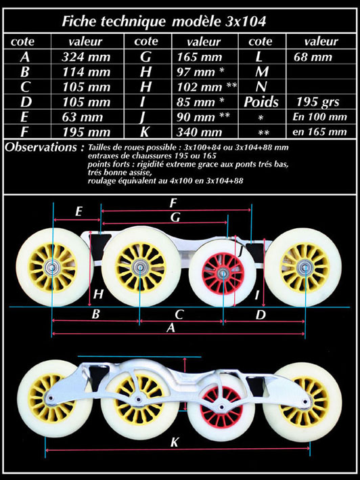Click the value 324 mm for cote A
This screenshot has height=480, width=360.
(x=86, y=57)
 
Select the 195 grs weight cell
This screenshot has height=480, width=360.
(x=318, y=102)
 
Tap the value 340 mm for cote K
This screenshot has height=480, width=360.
(x=199, y=132)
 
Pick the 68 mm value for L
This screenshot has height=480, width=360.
(x=313, y=57)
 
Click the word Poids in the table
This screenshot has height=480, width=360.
(x=261, y=102)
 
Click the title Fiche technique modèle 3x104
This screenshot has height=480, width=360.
(x=164, y=22)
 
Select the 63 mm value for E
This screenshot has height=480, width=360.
(x=83, y=117)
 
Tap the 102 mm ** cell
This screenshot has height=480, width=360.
(x=207, y=87)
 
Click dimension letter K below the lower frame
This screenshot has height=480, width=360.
(x=175, y=442)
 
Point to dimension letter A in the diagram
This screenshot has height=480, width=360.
(x=171, y=328)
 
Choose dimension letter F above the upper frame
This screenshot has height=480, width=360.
(x=173, y=202)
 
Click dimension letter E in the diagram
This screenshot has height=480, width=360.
(x=78, y=211)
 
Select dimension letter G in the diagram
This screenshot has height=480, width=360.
(x=175, y=217)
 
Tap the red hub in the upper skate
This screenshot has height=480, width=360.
(x=223, y=271)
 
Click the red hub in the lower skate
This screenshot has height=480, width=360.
(x=221, y=406)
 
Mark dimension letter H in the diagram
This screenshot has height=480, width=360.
(x=98, y=294)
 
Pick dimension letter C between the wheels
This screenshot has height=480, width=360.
(x=179, y=314)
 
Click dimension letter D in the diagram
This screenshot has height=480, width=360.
(x=261, y=314)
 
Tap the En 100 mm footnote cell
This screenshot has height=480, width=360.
(x=319, y=117)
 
